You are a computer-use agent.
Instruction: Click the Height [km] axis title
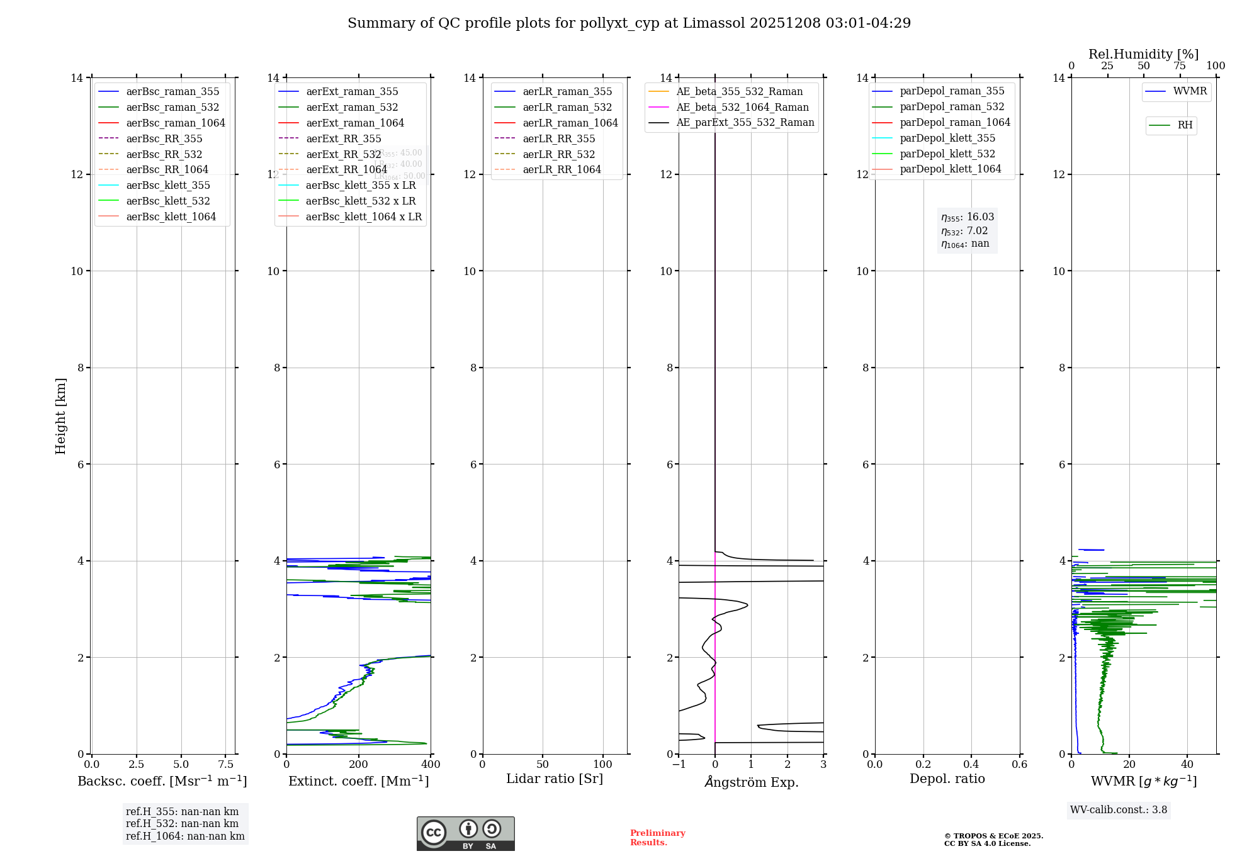coord(60,415)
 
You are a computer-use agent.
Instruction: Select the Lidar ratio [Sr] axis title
coord(555,779)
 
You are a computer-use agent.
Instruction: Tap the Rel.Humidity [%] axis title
coord(1143,54)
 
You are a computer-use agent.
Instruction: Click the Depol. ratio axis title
coord(947,779)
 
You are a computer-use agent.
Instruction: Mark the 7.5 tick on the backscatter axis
coord(226,765)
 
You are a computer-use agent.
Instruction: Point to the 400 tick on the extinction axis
coord(431,765)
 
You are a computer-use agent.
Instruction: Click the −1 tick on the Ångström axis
coord(679,765)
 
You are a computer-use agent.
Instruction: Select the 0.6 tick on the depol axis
coord(1019,765)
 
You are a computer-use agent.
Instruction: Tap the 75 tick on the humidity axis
coord(1180,66)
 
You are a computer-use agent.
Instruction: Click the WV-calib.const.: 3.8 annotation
coord(1119,810)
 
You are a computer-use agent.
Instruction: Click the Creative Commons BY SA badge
coord(465,834)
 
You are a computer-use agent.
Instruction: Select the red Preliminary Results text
coord(657,838)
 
